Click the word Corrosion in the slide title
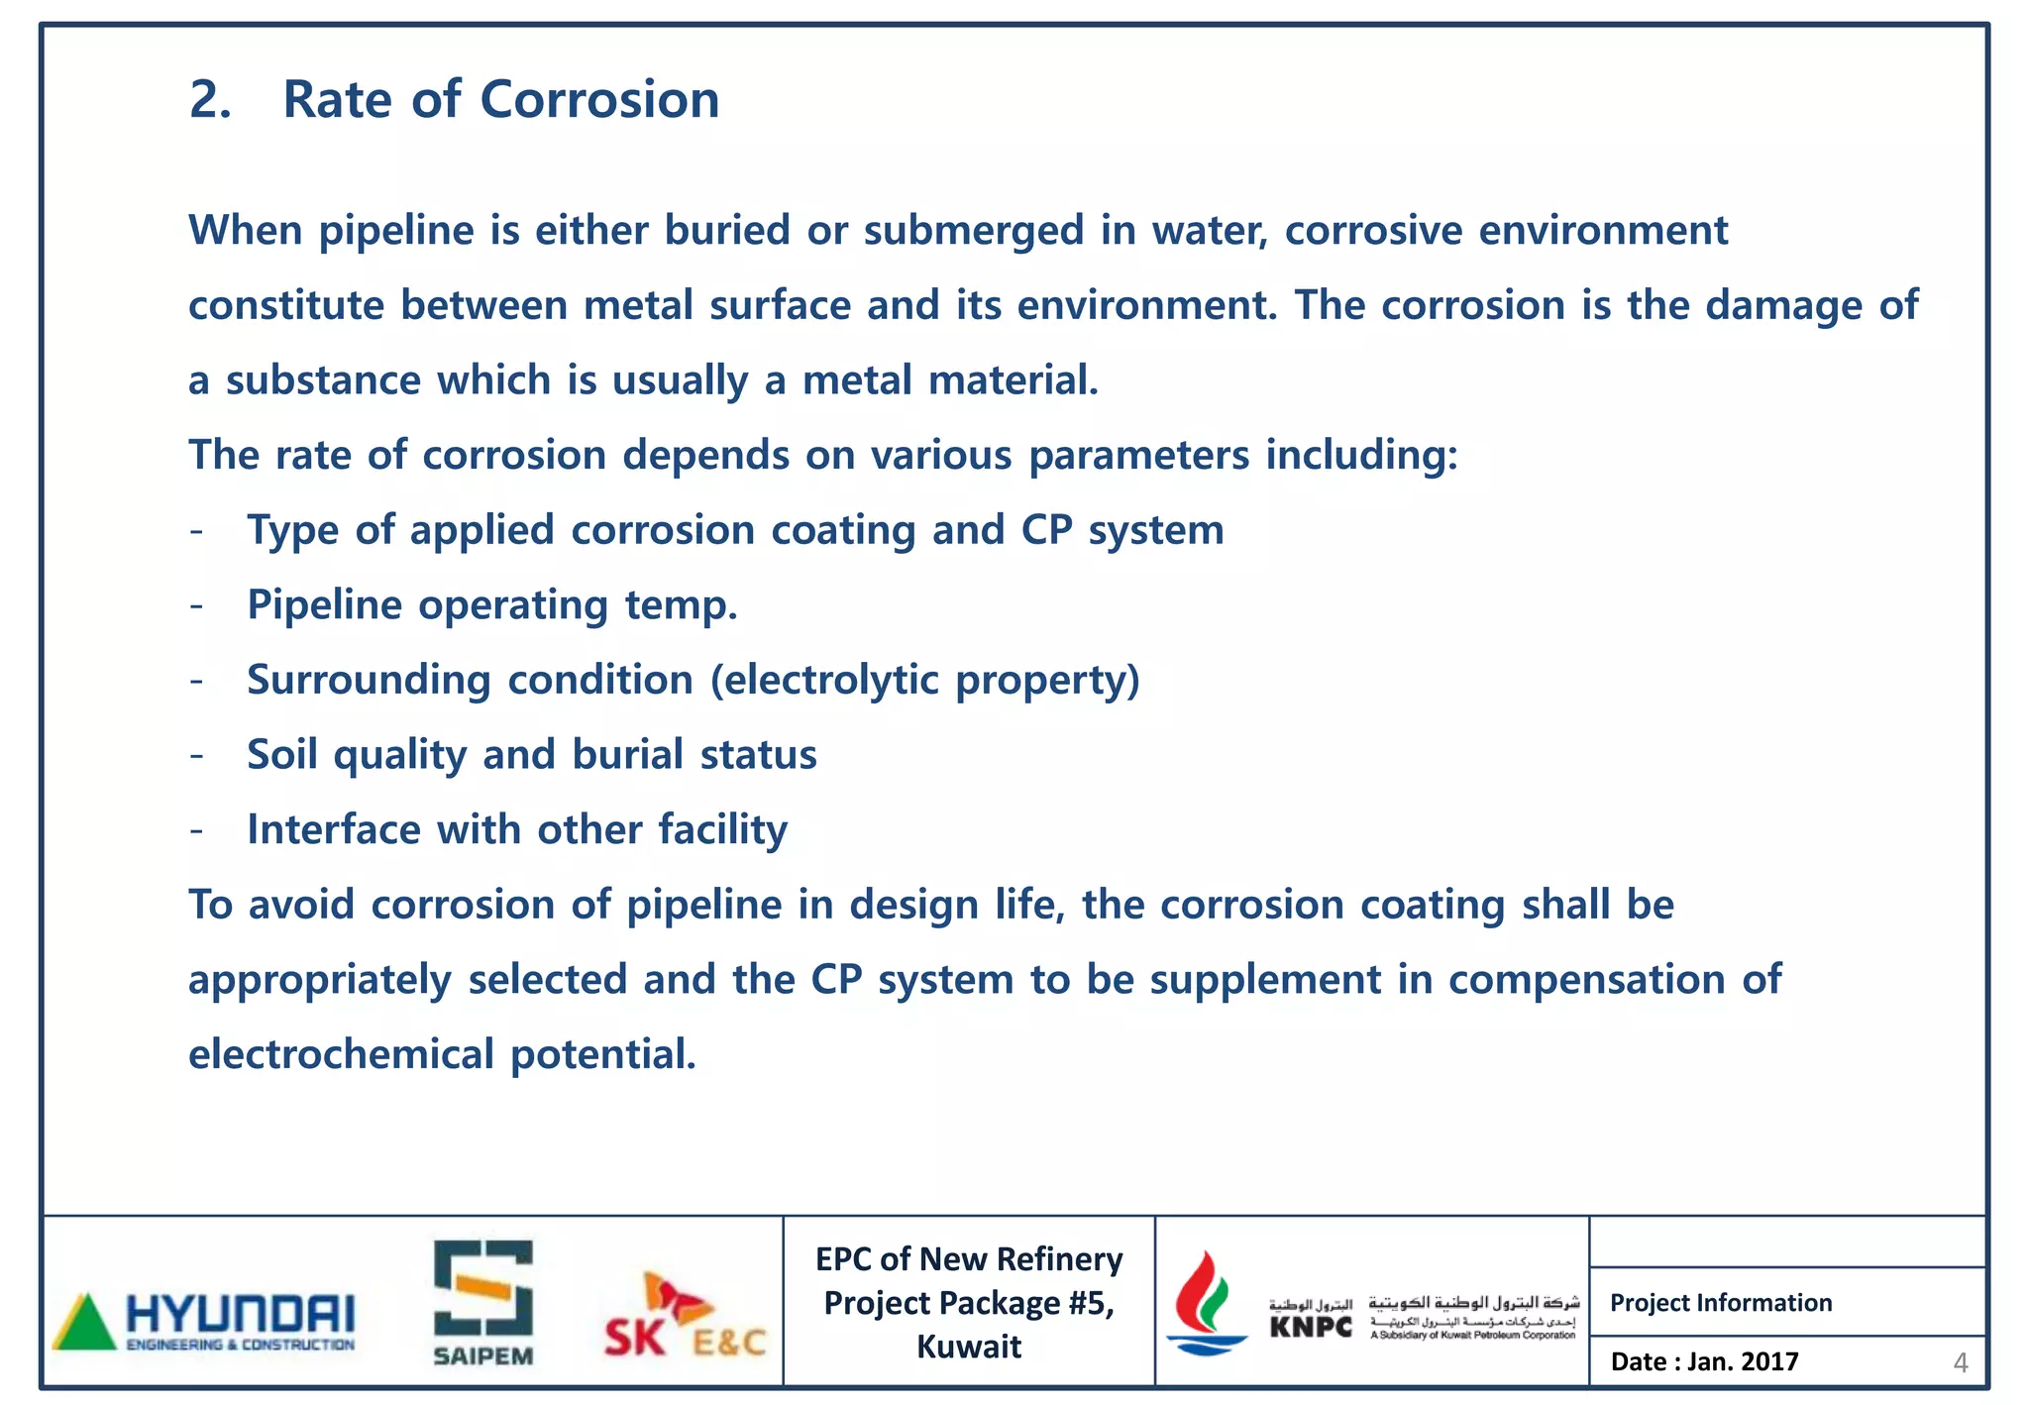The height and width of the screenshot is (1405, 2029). coord(599,100)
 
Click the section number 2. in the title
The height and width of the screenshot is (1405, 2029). coord(210,100)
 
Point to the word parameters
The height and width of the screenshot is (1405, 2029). coord(1138,456)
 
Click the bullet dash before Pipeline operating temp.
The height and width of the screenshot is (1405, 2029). coord(197,605)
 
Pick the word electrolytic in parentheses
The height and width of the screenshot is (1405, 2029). coord(832,681)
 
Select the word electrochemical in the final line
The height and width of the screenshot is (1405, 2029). coord(341,1054)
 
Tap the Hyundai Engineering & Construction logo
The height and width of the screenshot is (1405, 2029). coord(203,1321)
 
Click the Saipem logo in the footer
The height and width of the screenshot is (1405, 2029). coord(482,1302)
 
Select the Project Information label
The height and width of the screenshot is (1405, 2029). coord(1720,1303)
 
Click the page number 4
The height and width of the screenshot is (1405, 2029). coord(1959,1363)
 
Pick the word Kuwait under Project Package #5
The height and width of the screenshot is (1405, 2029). coord(968,1348)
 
